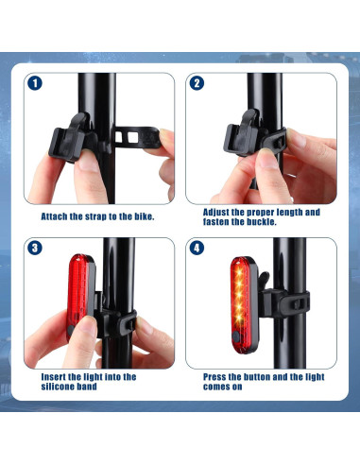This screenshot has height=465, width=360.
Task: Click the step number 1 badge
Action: pyautogui.click(x=36, y=83)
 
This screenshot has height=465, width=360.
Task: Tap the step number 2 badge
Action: pyautogui.click(x=197, y=83)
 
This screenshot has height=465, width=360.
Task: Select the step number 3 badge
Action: pyautogui.click(x=36, y=249)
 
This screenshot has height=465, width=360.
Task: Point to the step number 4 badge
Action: pyautogui.click(x=197, y=249)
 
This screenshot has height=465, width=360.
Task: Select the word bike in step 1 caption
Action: pyautogui.click(x=142, y=215)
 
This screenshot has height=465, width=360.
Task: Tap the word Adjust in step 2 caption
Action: pyautogui.click(x=219, y=212)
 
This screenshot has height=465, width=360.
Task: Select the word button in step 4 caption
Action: pyautogui.click(x=265, y=376)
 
